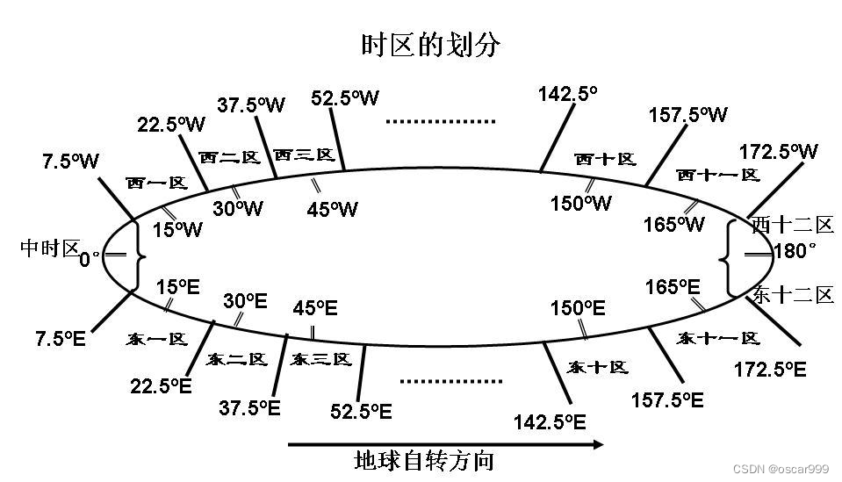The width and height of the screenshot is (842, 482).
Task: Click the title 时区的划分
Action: pos(430,46)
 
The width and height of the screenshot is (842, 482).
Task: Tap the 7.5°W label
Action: pos(70,162)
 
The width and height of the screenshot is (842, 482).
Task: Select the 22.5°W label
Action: pos(171,125)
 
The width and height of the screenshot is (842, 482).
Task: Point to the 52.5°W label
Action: pos(345,97)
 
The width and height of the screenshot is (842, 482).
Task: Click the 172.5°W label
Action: pos(778,151)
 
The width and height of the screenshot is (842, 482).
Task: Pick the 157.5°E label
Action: pos(667,400)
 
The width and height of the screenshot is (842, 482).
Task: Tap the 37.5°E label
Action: pos(249,407)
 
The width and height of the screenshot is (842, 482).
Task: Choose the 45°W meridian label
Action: pos(333,209)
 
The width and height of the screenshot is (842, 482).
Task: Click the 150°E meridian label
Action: pos(578,308)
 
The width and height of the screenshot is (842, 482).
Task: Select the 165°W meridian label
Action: pos(673,225)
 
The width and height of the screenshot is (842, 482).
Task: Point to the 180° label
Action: pos(795,252)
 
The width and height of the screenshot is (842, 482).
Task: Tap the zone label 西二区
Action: pos(229,157)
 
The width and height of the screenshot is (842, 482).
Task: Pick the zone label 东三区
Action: pos(321,359)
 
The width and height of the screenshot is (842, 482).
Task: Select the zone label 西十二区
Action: pos(792,225)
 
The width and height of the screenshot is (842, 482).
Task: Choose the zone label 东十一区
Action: pos(719,338)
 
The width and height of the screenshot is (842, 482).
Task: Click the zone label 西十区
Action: pos(605,159)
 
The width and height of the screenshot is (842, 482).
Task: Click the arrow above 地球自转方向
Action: pos(446,444)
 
